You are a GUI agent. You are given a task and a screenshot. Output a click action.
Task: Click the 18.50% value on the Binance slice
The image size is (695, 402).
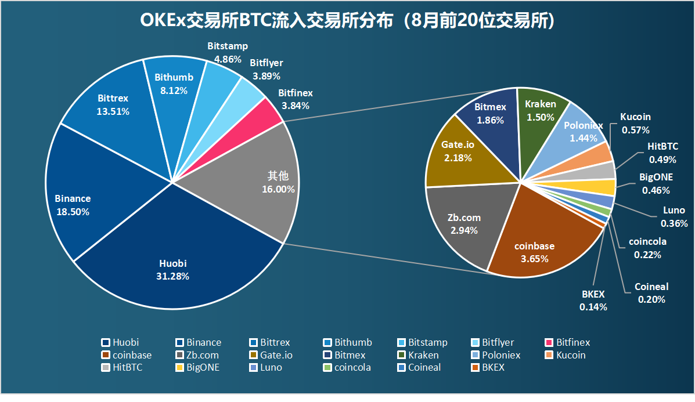point(73,212)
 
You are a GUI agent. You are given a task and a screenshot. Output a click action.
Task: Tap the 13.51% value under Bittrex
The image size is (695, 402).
point(113,111)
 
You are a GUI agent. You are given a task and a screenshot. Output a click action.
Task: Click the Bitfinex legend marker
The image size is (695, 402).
point(549,343)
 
